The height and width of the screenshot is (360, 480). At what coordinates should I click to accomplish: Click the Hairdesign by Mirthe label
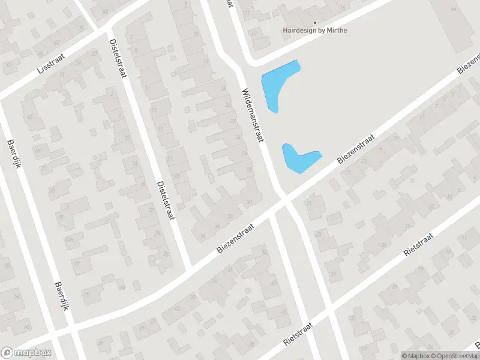(315, 30)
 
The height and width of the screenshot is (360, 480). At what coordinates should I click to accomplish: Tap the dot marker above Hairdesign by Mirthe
(315, 23)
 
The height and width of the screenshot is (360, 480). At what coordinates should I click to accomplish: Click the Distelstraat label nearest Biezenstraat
(164, 200)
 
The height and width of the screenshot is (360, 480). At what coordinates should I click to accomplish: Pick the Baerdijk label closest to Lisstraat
(14, 154)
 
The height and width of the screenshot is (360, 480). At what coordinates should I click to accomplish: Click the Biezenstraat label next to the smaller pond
(356, 149)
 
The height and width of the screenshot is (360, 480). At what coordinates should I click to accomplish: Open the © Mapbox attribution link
(415, 356)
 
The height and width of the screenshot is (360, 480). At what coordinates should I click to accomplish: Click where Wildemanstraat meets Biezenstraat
(283, 199)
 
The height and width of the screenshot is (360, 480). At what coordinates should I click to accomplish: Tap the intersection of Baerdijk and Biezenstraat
(72, 331)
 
